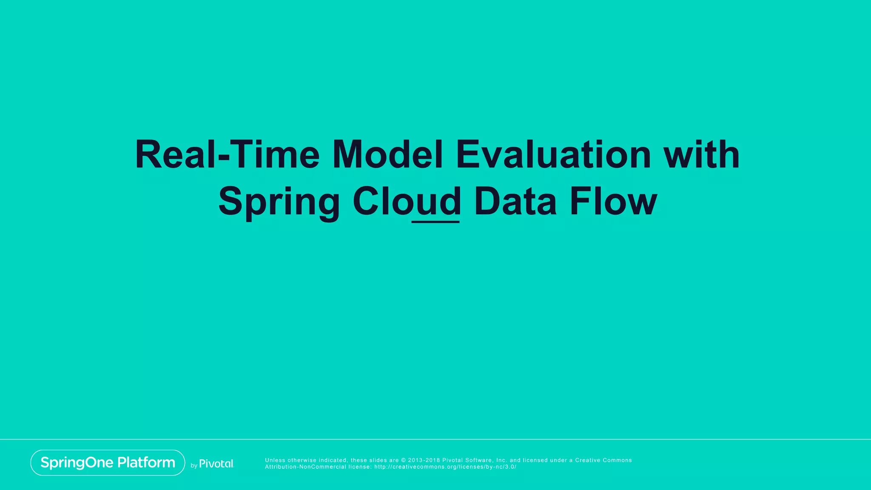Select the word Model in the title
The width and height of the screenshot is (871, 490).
tap(387, 155)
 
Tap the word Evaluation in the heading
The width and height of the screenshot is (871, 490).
tap(553, 155)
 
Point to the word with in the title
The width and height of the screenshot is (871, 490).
tap(702, 155)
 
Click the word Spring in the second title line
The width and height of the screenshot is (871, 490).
tap(279, 202)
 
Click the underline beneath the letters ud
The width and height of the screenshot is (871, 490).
tap(435, 222)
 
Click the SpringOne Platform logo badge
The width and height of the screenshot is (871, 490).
tap(108, 462)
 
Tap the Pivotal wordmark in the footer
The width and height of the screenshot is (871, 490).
tap(216, 464)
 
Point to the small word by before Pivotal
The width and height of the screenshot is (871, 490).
tap(194, 466)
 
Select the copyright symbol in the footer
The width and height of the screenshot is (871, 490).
tap(403, 460)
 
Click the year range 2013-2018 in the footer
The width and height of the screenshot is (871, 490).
tap(424, 460)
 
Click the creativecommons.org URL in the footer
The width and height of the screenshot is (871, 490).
tap(445, 467)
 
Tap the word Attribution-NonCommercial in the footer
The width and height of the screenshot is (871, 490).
tap(305, 467)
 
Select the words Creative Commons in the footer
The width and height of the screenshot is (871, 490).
tap(603, 460)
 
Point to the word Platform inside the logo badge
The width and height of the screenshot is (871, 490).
tap(146, 462)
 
